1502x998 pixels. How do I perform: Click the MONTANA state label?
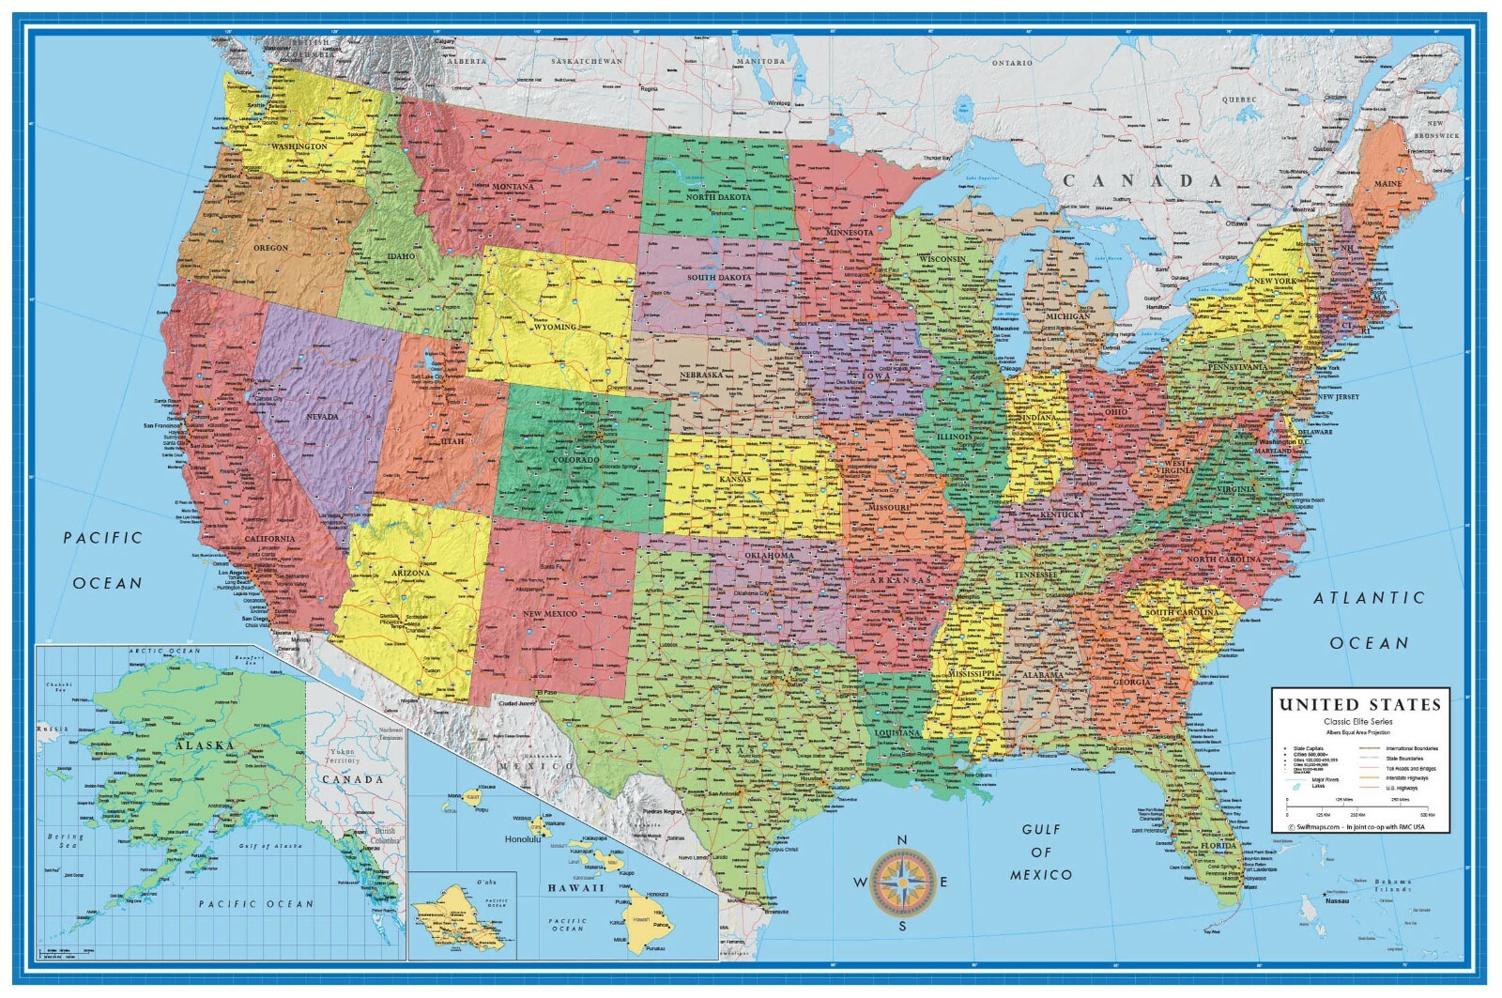click(512, 187)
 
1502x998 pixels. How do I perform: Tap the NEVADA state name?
click(321, 416)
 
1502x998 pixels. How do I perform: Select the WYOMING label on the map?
click(554, 328)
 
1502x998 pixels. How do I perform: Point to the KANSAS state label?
click(734, 480)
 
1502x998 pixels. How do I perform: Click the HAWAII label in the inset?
click(576, 888)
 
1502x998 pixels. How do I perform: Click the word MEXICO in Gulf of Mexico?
click(1040, 875)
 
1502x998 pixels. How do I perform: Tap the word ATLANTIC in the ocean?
click(1369, 598)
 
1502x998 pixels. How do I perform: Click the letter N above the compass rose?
click(902, 840)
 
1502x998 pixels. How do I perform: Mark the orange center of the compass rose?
click(902, 882)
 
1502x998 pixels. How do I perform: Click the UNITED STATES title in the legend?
click(1359, 705)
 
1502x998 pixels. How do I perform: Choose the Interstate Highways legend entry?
click(1406, 777)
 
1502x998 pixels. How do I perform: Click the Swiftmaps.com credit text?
click(1314, 826)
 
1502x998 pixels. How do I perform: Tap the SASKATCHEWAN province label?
click(587, 61)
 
